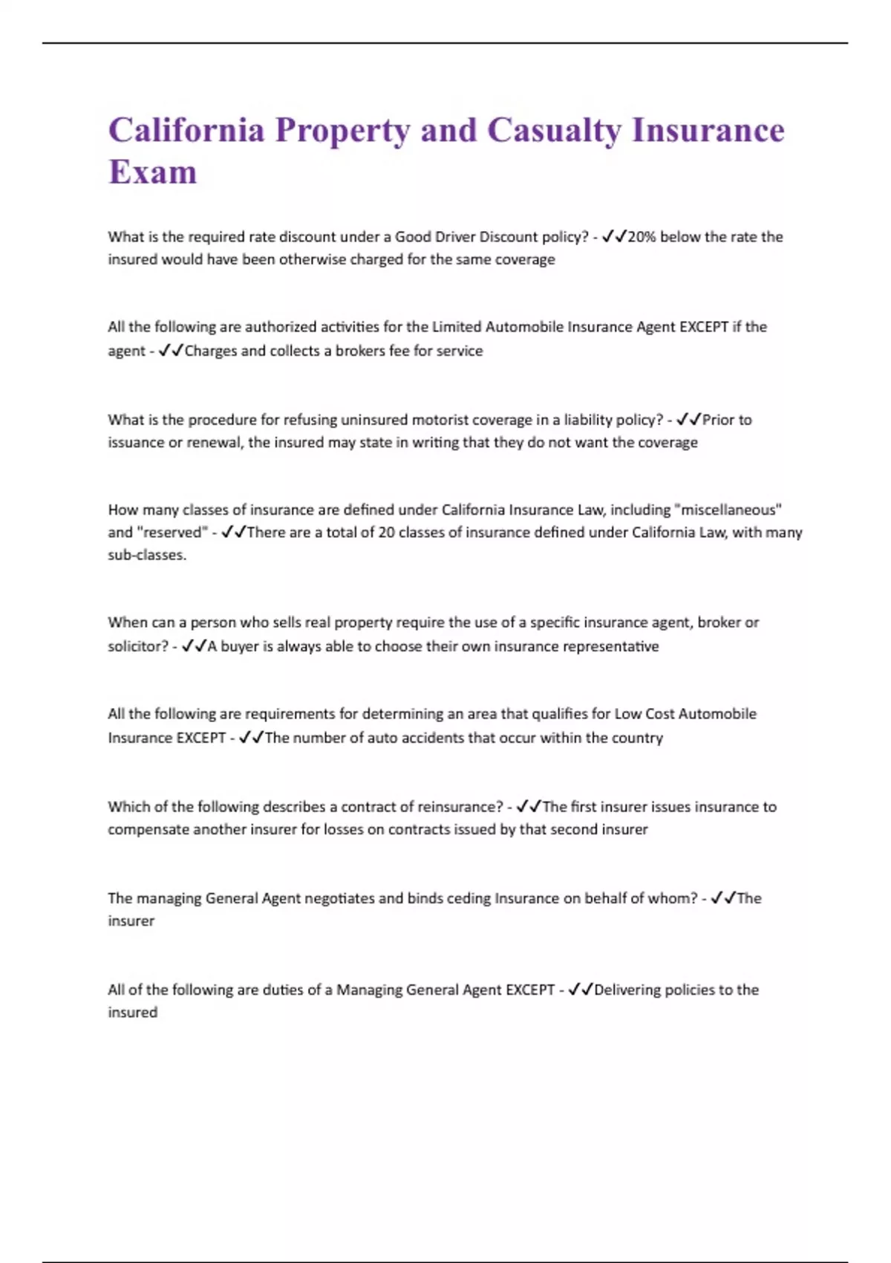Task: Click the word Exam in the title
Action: point(153,172)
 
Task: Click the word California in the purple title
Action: point(186,130)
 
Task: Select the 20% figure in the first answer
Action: point(642,237)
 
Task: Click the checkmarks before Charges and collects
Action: point(171,351)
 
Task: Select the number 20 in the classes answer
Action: point(386,533)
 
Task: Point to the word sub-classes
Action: point(147,555)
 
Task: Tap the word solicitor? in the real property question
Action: point(138,646)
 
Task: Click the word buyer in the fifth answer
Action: point(239,646)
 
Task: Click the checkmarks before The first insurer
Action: point(529,807)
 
